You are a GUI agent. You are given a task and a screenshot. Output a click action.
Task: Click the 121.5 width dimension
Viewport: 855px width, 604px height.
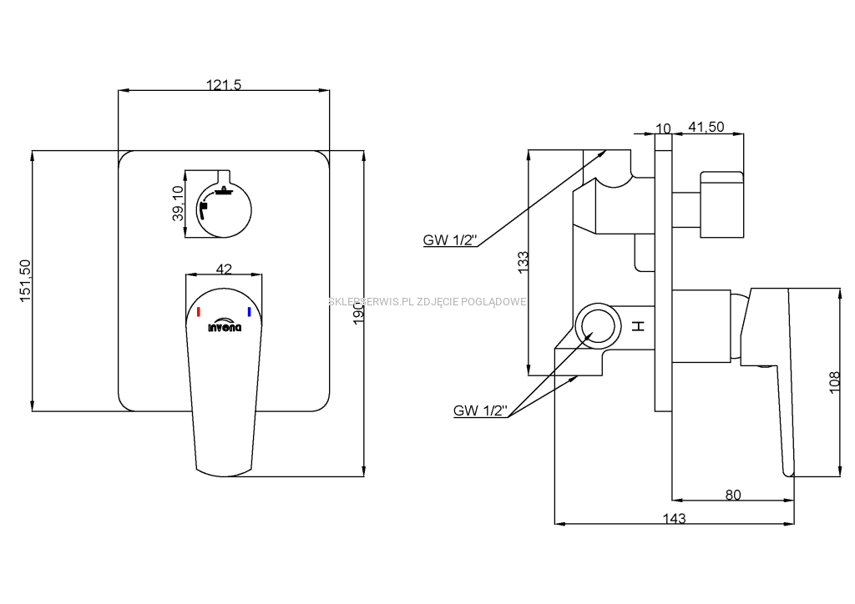[223, 83]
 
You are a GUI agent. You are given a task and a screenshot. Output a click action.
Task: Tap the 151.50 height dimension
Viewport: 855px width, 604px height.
[24, 280]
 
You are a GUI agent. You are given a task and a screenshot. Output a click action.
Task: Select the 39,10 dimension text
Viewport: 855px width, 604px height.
[177, 204]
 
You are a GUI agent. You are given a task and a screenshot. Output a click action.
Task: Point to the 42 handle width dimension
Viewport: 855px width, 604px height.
[224, 269]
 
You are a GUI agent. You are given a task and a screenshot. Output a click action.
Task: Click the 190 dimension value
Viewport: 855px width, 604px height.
[358, 310]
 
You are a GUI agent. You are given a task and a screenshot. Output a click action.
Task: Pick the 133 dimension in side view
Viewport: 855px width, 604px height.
[523, 260]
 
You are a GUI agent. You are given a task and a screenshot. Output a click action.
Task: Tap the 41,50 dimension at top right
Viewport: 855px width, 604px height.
[706, 127]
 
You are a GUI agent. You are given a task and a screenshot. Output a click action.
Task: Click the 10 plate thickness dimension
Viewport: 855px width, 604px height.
[663, 128]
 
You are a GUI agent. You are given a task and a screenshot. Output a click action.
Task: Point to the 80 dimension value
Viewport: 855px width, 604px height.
[732, 495]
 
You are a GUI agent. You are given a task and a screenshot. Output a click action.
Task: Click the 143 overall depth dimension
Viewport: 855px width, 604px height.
[674, 518]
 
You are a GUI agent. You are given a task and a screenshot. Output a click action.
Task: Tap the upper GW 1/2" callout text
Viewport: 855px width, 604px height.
[449, 241]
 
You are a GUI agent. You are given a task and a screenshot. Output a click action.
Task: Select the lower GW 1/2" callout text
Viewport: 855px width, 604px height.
[480, 410]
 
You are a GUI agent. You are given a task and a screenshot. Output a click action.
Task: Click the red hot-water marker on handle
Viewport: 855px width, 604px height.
[199, 313]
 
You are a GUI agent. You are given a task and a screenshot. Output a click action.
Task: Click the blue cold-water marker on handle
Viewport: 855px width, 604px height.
[248, 313]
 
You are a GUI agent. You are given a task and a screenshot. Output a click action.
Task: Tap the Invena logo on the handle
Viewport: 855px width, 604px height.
[224, 326]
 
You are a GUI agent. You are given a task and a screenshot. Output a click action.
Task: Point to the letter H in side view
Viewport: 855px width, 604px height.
[639, 326]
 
